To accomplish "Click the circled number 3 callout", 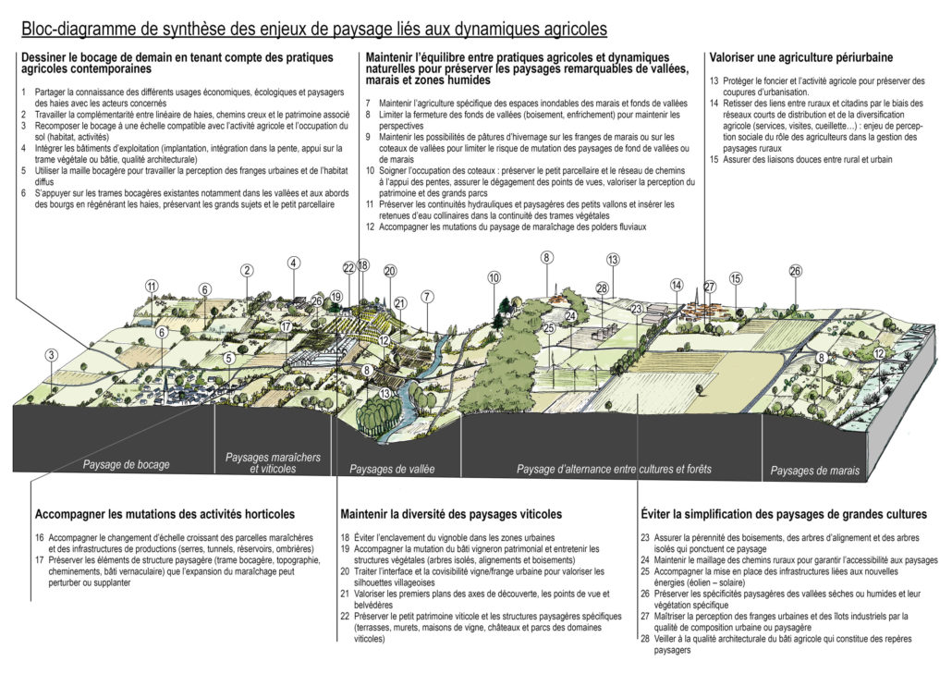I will (52, 355).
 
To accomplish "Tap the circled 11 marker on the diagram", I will (151, 287).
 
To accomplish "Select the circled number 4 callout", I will (293, 263).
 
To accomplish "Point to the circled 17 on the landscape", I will (287, 326).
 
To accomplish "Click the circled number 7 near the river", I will (426, 297).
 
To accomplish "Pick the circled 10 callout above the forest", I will (494, 277).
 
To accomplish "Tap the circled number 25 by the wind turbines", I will (548, 327).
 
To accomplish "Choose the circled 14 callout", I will (677, 285).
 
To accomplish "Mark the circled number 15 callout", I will (736, 278).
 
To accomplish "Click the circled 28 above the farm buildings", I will (602, 289).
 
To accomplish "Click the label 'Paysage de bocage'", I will (126, 464).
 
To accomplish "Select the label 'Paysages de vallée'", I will (392, 469).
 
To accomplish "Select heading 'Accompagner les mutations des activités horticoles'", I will (165, 513).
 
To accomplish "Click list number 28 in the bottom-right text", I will (645, 638).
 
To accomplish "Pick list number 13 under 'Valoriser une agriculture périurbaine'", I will (714, 81).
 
